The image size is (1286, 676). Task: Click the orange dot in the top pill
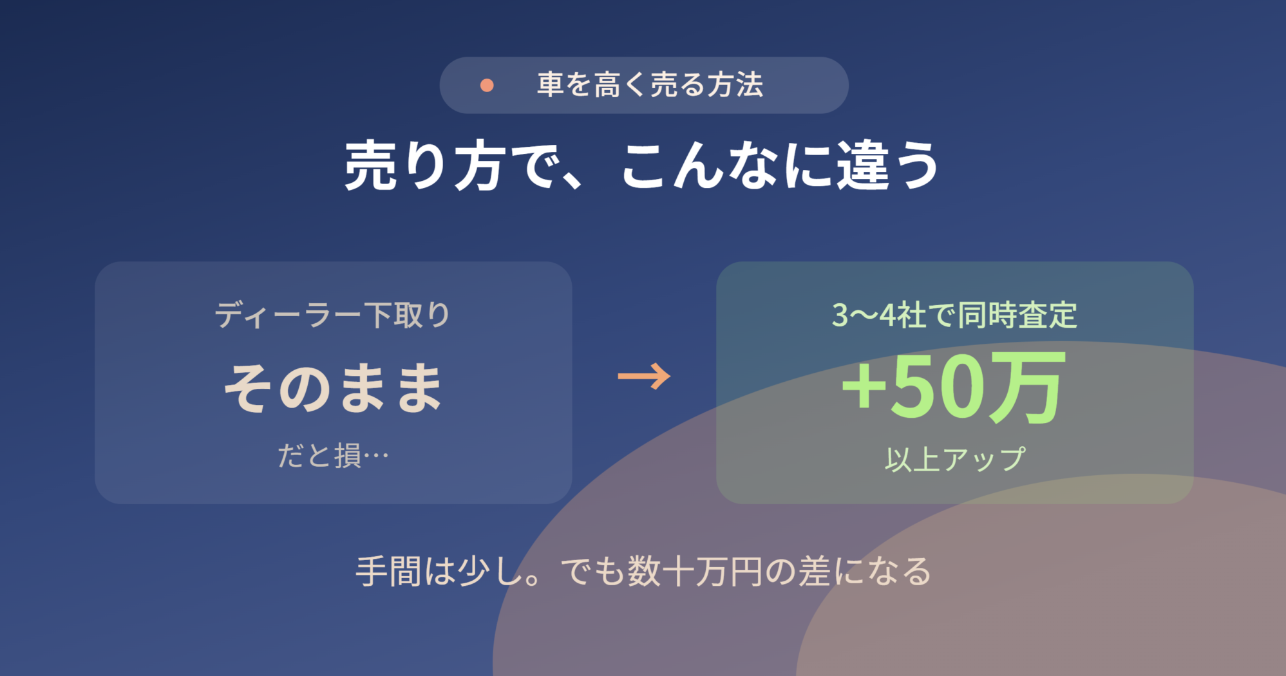[x=487, y=85]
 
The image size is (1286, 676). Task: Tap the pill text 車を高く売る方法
[x=650, y=85]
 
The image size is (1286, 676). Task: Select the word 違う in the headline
[x=888, y=166]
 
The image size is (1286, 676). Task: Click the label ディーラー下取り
[x=333, y=315]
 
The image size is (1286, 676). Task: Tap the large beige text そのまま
[x=333, y=387]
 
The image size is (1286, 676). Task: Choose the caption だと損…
[x=333, y=455]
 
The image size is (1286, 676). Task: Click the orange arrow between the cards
[x=644, y=376]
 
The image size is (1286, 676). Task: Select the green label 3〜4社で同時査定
[x=954, y=315]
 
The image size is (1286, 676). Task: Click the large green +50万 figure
[x=953, y=388]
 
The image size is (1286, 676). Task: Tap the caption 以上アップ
[x=954, y=459]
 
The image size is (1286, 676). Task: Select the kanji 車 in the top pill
[x=551, y=85]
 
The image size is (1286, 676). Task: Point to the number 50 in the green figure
[x=939, y=388]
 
